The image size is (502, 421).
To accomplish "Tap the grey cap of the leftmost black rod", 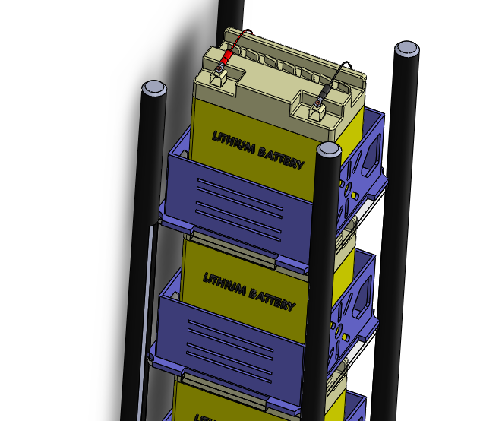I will [x=153, y=87].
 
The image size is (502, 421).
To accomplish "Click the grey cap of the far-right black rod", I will [x=406, y=49].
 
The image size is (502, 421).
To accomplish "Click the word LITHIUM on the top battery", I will [x=232, y=144].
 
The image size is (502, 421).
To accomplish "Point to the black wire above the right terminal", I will [x=342, y=72].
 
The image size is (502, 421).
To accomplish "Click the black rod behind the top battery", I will [x=230, y=15].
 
